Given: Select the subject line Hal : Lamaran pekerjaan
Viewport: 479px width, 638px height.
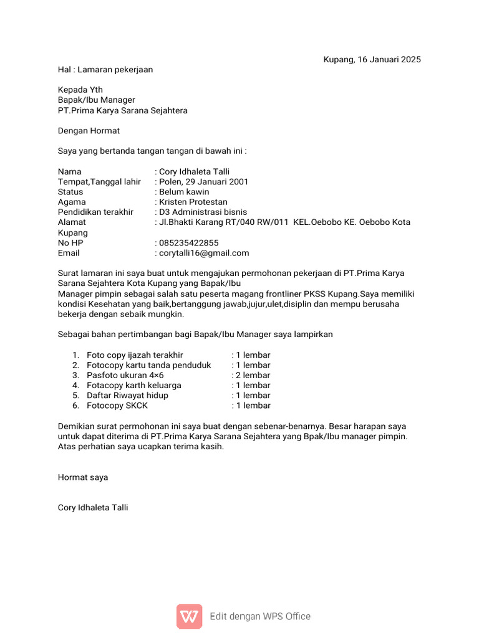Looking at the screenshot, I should tap(105, 70).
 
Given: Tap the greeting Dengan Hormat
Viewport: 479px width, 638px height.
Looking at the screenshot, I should tap(89, 131).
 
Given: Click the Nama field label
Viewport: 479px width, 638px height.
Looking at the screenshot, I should tap(69, 172).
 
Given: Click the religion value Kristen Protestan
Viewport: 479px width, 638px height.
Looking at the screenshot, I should tap(193, 202).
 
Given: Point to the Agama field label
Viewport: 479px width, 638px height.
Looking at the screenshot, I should tap(72, 202).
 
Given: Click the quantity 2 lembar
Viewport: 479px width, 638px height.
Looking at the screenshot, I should tap(253, 376).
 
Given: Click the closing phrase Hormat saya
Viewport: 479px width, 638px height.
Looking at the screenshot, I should tap(83, 477).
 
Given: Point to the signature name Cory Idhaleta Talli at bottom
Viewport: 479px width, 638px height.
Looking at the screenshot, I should tap(93, 508).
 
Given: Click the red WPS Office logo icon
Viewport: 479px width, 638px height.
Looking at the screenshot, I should tap(189, 616).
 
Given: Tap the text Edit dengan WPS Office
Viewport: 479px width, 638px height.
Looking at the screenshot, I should tap(260, 617).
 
